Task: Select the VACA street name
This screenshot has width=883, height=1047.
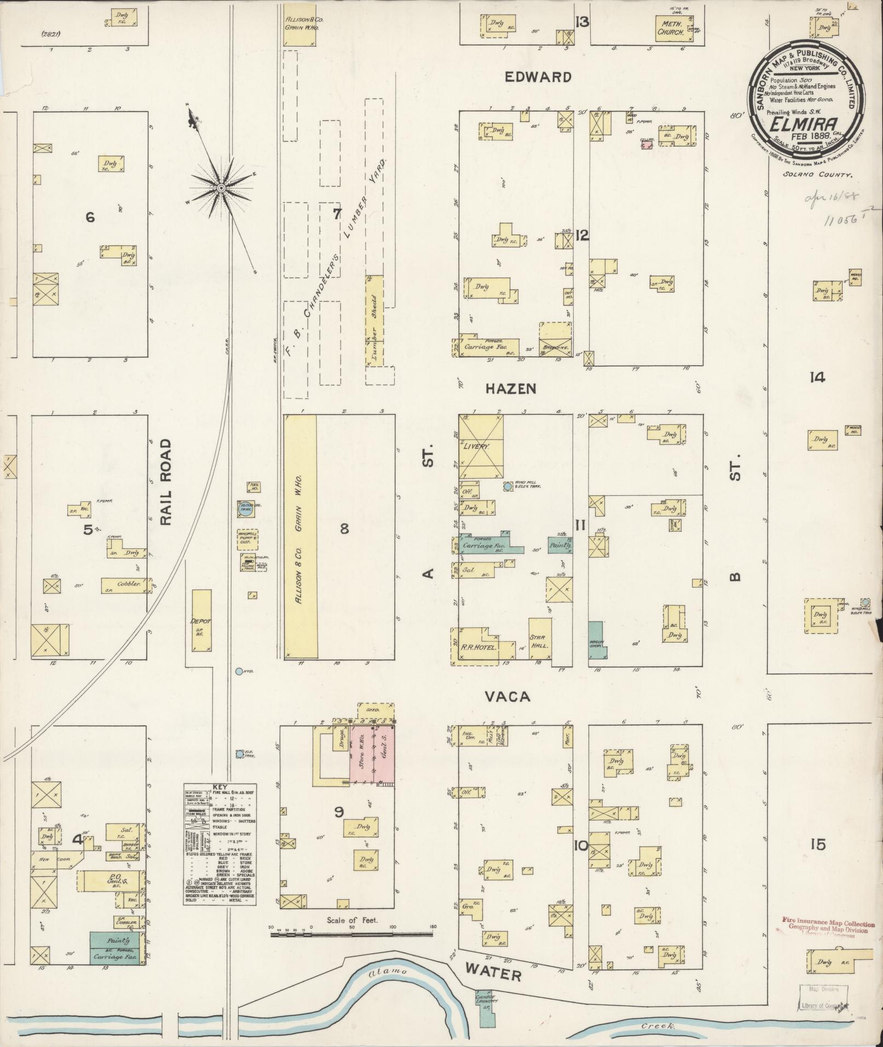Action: click(507, 697)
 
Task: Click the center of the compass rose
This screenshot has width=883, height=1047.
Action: click(221, 188)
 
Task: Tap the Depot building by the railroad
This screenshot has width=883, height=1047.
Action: click(201, 620)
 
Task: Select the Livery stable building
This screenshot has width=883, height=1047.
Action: click(481, 447)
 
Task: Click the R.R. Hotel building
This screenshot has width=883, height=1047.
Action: click(474, 647)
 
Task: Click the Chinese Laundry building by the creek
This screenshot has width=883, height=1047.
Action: click(484, 999)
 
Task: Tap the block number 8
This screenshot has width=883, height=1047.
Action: click(344, 529)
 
